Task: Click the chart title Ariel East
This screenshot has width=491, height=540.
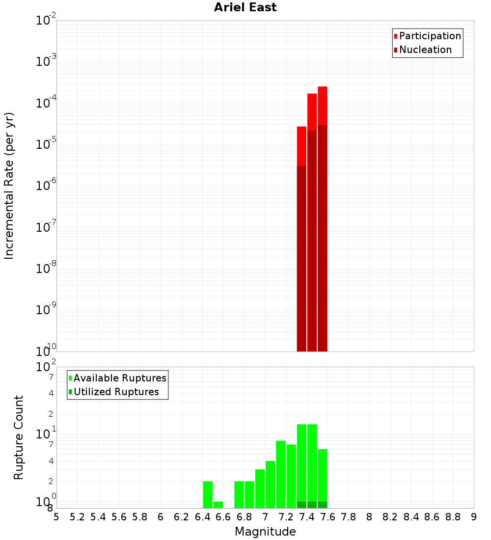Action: pos(245,7)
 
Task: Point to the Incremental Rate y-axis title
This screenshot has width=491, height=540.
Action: pos(9,186)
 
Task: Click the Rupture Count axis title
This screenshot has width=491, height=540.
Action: pos(19,437)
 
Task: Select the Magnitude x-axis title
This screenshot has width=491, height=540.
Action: pos(265,532)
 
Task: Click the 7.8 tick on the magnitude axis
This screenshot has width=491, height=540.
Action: pos(349,517)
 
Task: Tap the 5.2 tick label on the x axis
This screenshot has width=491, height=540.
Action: pos(77,517)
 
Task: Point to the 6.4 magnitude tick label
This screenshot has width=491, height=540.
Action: pos(202,517)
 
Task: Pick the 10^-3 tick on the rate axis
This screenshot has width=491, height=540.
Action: pos(46,61)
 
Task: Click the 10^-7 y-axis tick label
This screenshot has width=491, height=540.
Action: pos(46,227)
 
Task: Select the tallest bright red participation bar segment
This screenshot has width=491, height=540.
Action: pos(322,106)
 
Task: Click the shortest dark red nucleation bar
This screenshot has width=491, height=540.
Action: pos(301,258)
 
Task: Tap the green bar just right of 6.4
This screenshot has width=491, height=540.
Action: pos(208,494)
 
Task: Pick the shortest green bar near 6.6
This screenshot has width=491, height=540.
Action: pos(218,505)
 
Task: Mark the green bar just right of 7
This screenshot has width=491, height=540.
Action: pos(270,484)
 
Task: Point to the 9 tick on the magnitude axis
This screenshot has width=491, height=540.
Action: pos(474,517)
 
